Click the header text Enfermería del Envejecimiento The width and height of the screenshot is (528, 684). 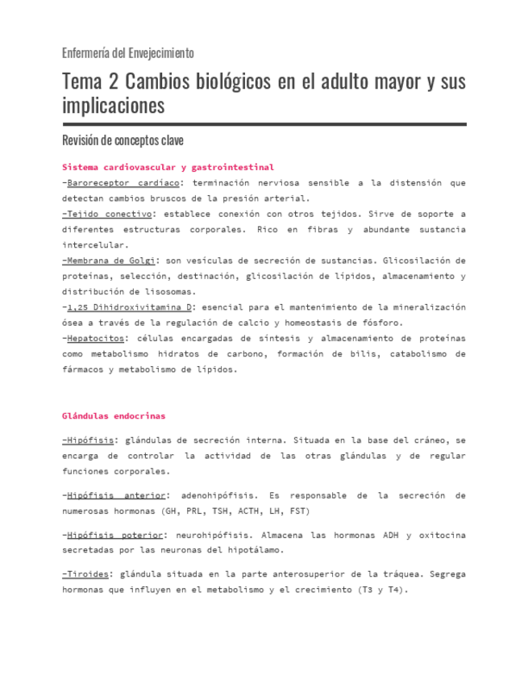(x=128, y=53)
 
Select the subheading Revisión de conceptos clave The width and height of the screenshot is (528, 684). (x=123, y=140)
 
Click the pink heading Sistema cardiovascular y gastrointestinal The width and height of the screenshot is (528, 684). (x=168, y=167)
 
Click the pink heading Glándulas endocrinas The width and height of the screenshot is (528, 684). (x=113, y=416)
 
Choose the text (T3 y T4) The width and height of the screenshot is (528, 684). (x=381, y=590)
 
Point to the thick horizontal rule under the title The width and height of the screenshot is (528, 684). (x=264, y=124)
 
